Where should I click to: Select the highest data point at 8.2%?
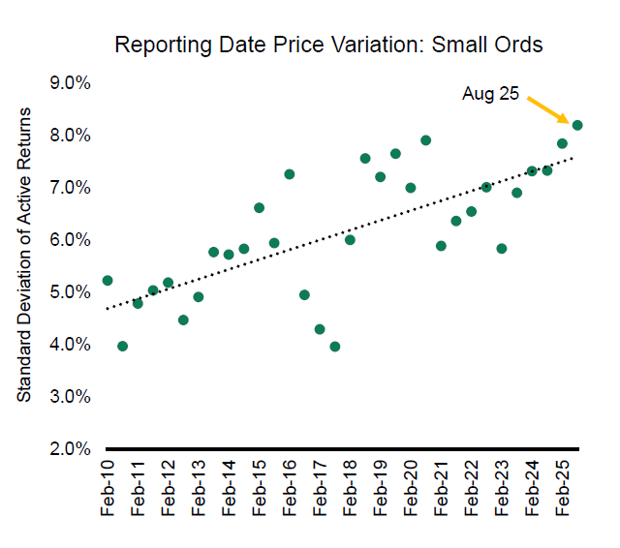tap(577, 125)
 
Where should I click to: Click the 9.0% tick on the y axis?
tap(70, 83)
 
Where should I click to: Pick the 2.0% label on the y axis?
tap(70, 449)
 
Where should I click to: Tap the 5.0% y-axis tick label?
tap(70, 292)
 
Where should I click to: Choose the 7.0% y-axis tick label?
tap(70, 188)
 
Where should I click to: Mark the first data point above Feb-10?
tap(108, 281)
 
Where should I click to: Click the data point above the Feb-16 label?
tap(289, 174)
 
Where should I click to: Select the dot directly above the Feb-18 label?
tap(350, 240)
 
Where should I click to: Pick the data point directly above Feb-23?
tap(502, 249)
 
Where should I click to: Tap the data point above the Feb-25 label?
tap(562, 143)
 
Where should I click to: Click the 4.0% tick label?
tap(70, 345)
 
